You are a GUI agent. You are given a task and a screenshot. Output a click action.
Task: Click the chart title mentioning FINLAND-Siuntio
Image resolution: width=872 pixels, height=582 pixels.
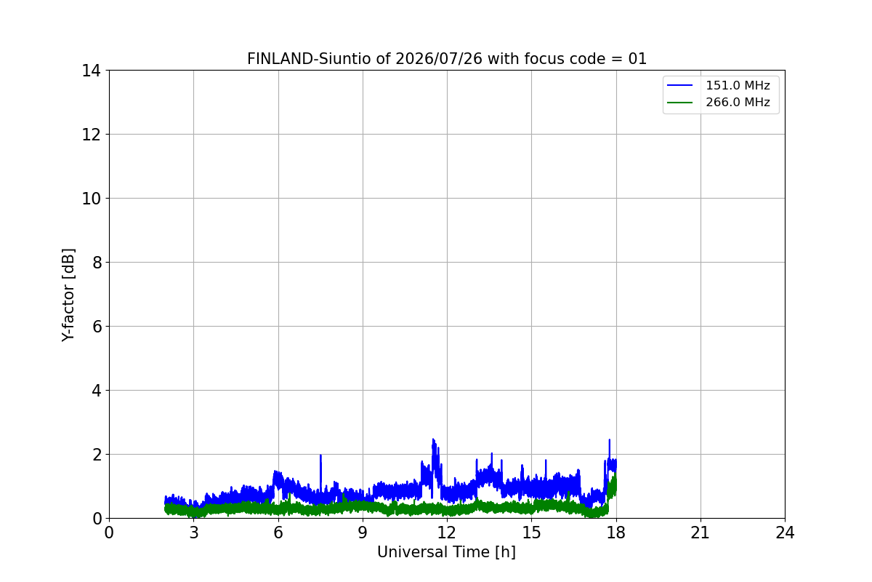pos(447,59)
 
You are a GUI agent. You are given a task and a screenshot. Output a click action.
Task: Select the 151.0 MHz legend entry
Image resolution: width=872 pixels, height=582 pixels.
pos(718,85)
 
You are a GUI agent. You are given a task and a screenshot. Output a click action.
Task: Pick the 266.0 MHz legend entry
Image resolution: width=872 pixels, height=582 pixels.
pos(718,102)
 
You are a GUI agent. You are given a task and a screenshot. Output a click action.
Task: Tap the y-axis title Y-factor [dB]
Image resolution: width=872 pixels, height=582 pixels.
pos(68,295)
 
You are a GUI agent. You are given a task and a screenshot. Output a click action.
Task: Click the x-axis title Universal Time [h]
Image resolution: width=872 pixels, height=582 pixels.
pos(446,552)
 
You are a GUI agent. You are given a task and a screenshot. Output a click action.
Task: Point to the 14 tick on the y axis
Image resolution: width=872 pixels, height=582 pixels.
pos(91,71)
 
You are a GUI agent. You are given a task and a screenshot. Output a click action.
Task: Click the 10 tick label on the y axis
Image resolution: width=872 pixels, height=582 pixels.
pos(91,199)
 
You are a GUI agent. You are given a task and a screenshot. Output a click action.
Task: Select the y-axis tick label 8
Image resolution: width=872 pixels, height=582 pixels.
pos(97,263)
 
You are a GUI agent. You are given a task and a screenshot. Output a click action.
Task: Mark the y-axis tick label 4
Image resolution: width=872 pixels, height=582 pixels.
pos(97,391)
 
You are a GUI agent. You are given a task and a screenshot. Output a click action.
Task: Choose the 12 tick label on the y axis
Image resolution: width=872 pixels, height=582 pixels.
pos(91,135)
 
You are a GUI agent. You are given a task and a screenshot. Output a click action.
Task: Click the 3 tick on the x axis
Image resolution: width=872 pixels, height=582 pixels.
pos(194,533)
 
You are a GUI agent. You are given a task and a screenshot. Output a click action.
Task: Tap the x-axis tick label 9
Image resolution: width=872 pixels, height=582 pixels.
pos(363,533)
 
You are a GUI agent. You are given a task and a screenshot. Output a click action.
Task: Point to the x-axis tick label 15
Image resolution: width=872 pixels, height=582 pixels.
pos(531,533)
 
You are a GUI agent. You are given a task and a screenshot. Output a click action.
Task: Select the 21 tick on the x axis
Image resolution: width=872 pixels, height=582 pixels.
pos(701,533)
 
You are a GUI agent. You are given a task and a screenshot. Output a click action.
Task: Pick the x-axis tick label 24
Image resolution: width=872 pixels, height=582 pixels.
pos(785,533)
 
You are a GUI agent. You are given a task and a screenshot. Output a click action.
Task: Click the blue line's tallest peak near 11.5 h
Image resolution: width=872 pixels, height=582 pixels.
pos(433,439)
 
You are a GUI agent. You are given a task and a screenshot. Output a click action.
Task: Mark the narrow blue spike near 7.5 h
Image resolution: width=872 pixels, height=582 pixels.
pos(320,455)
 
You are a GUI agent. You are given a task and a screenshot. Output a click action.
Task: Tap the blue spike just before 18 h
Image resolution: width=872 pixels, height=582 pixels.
pos(609,440)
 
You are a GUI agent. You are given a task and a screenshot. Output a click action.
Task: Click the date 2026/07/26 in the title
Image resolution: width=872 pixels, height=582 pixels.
pos(439,59)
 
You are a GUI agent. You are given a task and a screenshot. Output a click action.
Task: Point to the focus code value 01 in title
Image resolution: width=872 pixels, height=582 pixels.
pos(637,59)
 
